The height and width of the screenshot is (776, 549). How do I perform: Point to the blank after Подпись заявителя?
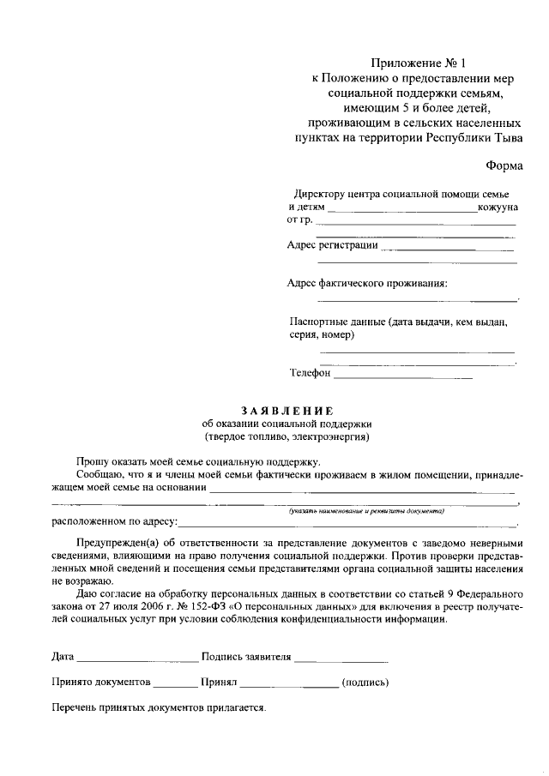point(341,661)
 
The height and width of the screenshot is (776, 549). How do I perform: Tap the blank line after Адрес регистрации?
point(447,249)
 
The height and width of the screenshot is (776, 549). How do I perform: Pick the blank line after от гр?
point(416,224)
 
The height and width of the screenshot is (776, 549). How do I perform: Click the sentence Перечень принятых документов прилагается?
point(159,709)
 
